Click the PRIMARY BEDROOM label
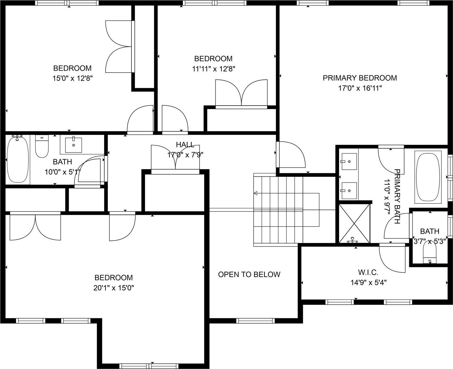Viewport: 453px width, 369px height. [360, 78]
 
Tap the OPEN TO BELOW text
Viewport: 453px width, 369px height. [249, 274]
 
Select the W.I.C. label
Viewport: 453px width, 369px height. [368, 272]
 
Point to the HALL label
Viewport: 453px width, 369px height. [185, 145]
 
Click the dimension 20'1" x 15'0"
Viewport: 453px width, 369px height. [114, 288]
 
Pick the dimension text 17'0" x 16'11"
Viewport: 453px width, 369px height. [360, 88]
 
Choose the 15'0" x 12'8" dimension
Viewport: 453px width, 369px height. [73, 78]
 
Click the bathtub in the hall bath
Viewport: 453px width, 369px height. [18, 159]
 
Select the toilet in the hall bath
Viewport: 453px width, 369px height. [42, 147]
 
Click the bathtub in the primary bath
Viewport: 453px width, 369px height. [428, 177]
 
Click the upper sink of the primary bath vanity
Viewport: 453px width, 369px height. [349, 162]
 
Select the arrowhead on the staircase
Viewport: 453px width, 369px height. [256, 193]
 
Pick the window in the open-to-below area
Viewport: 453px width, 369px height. [255, 320]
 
